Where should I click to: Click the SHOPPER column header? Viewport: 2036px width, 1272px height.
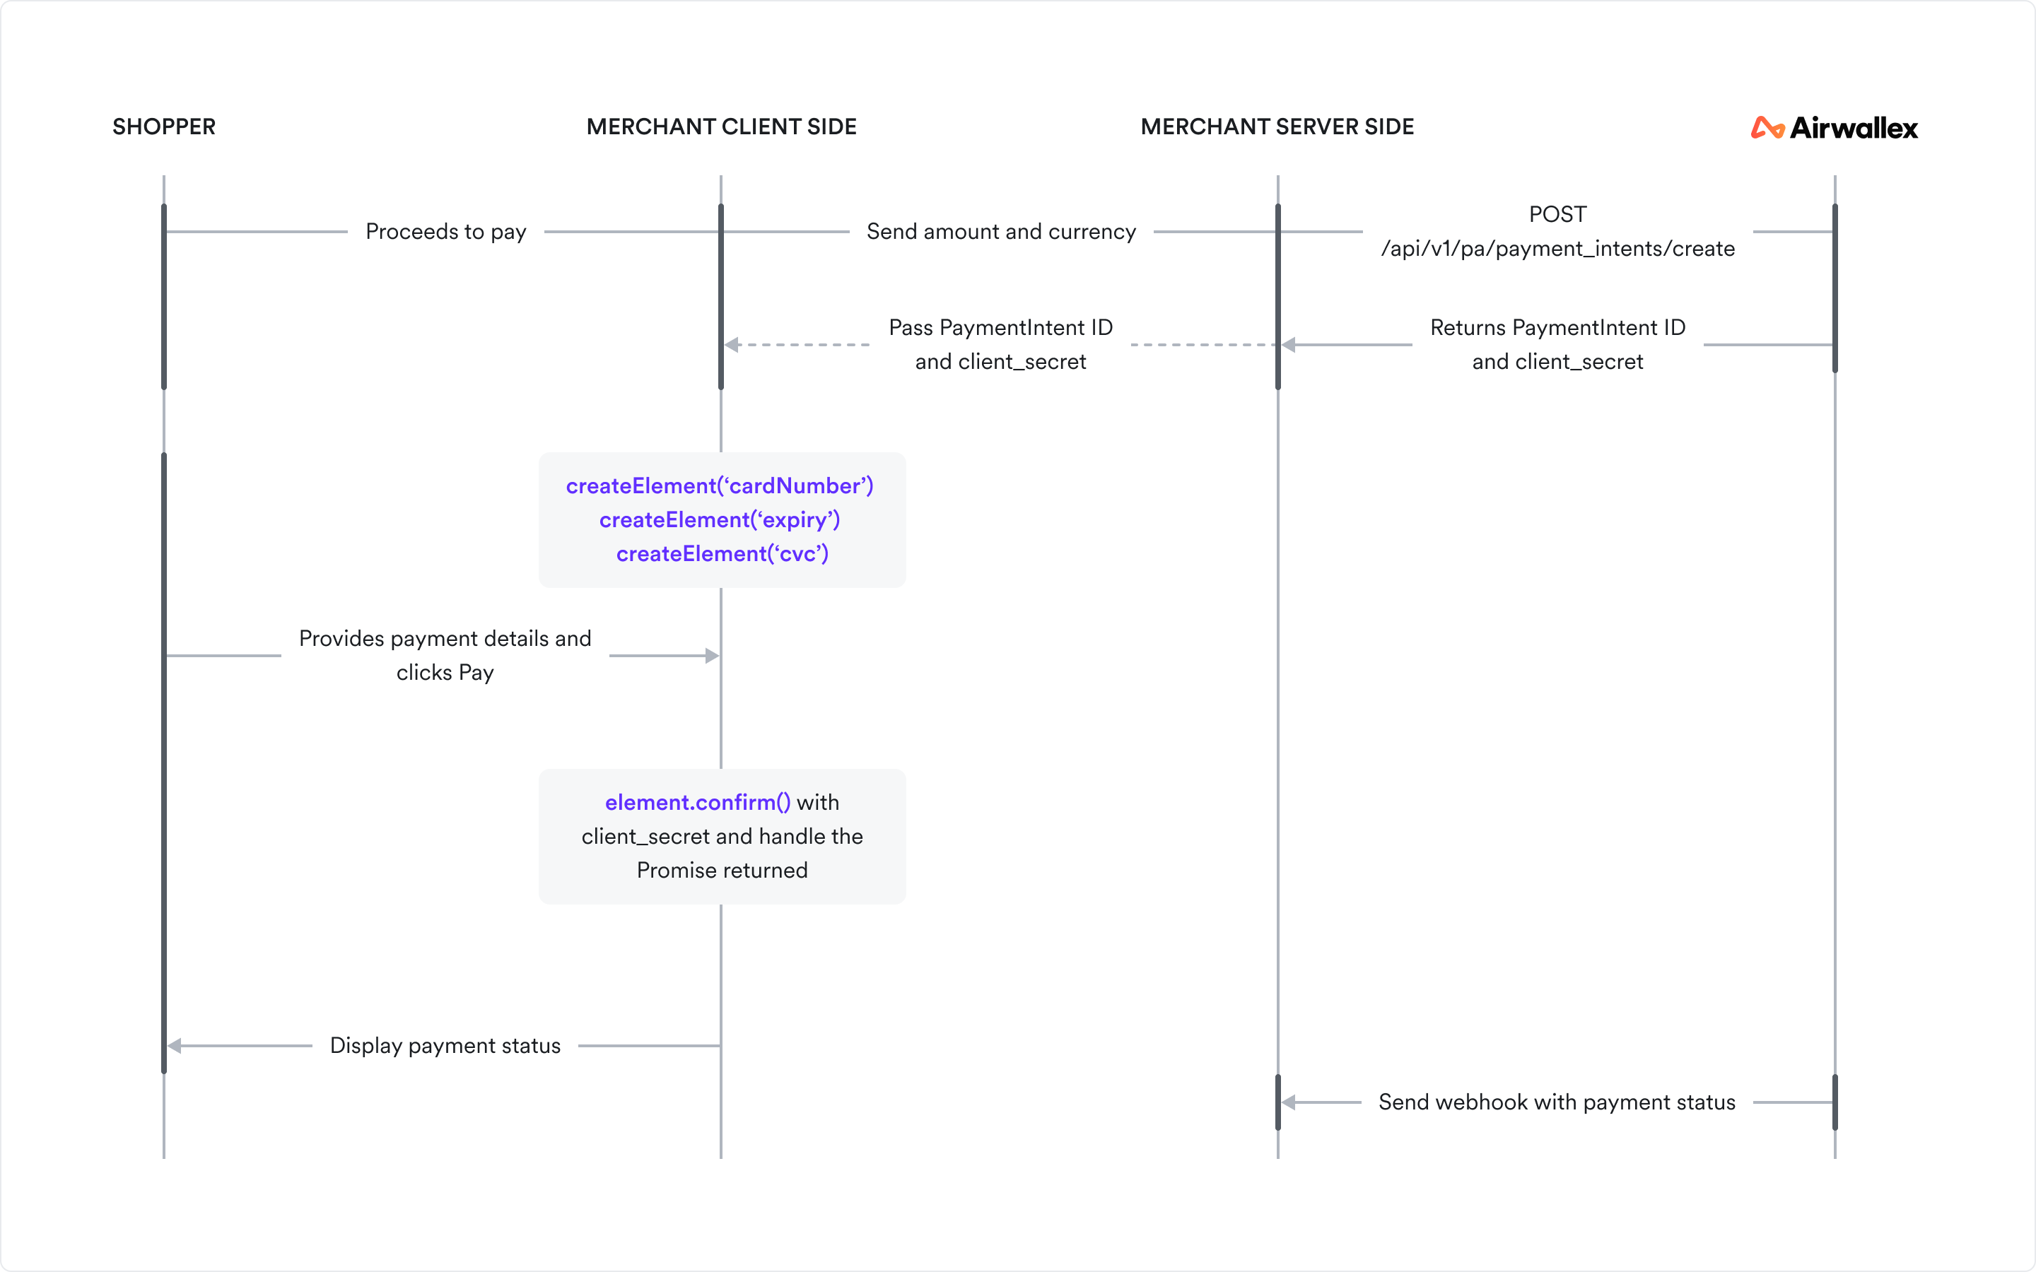pos(164,127)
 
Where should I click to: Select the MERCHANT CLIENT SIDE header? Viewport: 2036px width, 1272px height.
pos(721,127)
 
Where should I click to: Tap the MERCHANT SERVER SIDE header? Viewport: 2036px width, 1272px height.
pos(1277,127)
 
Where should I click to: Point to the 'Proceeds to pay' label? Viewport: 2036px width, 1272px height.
pos(446,231)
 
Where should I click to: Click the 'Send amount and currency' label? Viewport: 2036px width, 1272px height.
pos(1001,231)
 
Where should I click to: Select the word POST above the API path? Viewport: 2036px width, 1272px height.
pos(1557,215)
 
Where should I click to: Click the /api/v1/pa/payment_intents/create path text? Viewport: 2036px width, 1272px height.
pos(1557,249)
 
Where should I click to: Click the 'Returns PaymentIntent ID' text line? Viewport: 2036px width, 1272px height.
pos(1557,327)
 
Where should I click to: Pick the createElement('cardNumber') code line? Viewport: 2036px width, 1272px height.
pos(720,486)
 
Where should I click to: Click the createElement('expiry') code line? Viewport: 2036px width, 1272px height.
pos(720,520)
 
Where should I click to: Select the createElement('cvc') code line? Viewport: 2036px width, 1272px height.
pos(722,553)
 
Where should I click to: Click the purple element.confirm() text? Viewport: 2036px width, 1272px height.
pos(698,803)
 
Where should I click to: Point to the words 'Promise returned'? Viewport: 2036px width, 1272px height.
pos(722,870)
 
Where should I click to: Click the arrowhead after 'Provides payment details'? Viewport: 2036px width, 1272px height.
pos(712,655)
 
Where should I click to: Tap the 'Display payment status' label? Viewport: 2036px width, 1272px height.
pos(445,1046)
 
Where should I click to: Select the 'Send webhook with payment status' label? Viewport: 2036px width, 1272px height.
pos(1557,1102)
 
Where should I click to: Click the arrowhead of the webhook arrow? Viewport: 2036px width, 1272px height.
pos(1289,1102)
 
